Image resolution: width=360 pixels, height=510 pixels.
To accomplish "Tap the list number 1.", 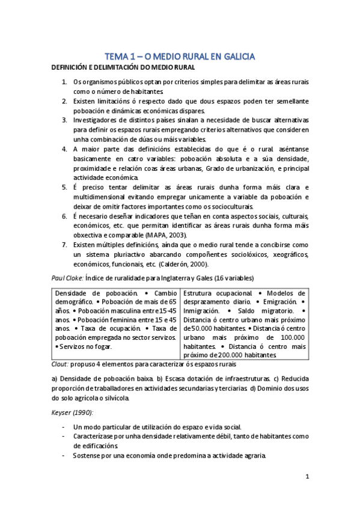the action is [65, 81].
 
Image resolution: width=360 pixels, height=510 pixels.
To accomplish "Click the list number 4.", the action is [65, 149].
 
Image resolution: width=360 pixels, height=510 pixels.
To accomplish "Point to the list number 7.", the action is [65, 245].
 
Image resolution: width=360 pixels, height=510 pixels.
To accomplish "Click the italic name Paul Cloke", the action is [69, 277].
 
